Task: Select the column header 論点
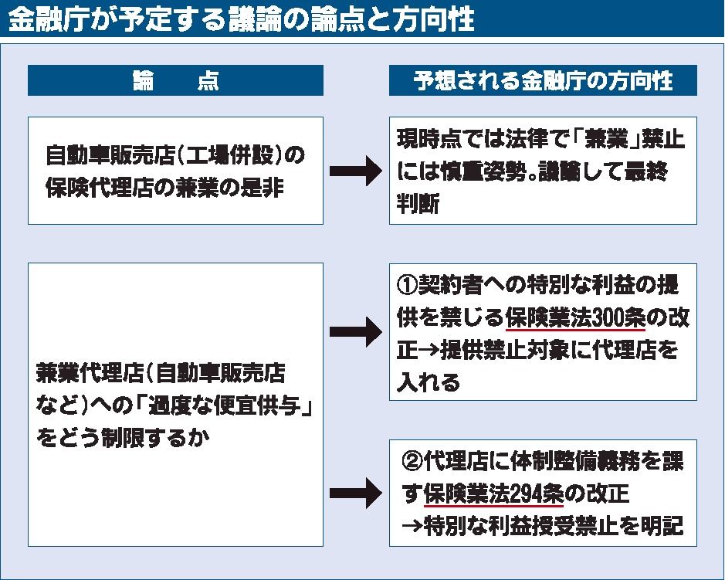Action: point(175,81)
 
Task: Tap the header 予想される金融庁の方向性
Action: point(542,81)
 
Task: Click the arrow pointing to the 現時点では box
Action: point(356,172)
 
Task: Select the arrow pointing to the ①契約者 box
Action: point(356,333)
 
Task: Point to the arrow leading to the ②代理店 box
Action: point(356,492)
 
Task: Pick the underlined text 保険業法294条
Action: point(494,493)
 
